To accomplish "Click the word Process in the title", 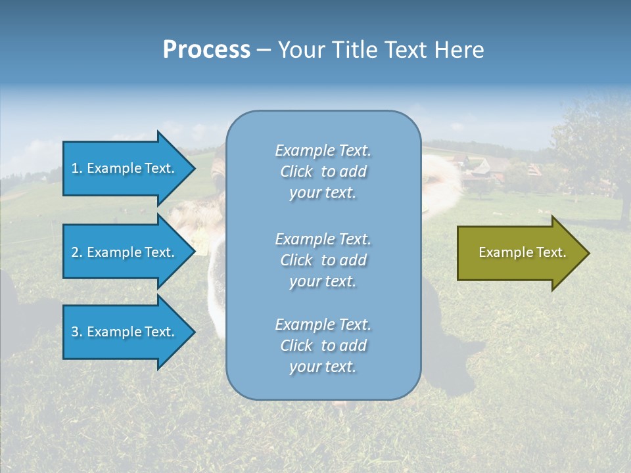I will (x=206, y=49).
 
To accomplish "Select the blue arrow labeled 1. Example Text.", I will (x=125, y=168).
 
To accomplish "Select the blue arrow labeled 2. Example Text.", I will (x=125, y=252).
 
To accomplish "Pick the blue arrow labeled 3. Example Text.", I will (x=125, y=332).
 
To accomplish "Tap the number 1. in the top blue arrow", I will (x=76, y=168).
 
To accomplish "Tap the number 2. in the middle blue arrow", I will (x=76, y=252).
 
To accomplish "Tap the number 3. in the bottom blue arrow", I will (x=76, y=332).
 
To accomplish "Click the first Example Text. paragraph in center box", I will (x=323, y=171).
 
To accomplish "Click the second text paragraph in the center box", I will (x=323, y=260).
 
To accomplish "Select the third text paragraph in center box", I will (x=323, y=346).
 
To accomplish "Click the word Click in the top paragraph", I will (x=296, y=171).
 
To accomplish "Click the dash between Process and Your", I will (x=264, y=50).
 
